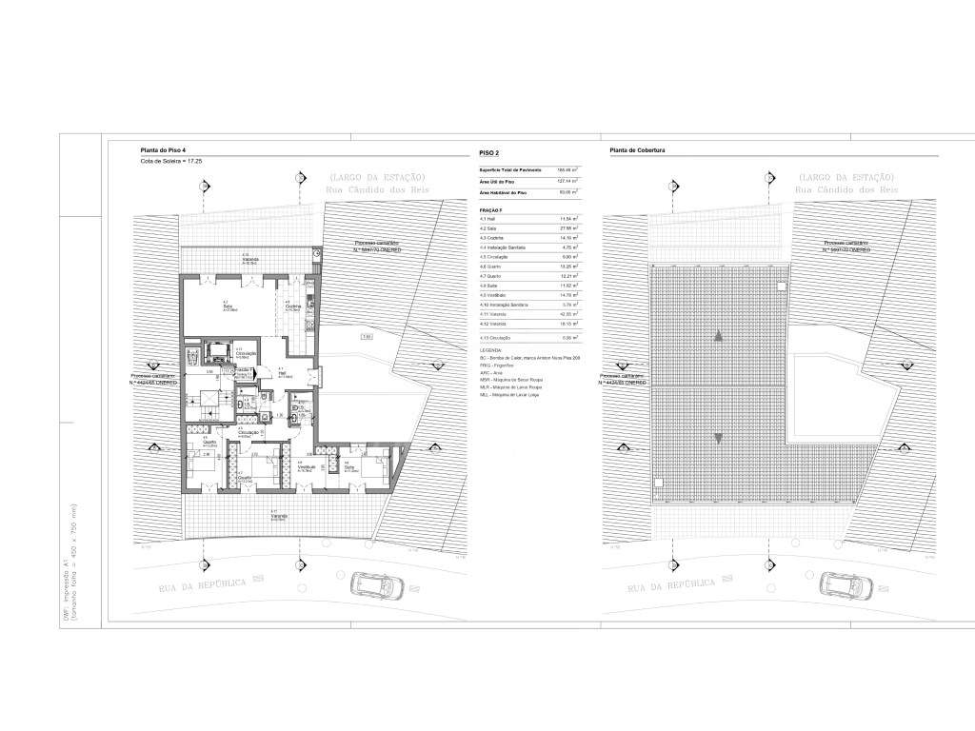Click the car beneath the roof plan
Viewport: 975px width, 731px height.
(x=839, y=583)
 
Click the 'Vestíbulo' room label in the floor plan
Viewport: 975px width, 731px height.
(x=306, y=467)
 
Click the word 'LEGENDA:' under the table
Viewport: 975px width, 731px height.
(x=491, y=350)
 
